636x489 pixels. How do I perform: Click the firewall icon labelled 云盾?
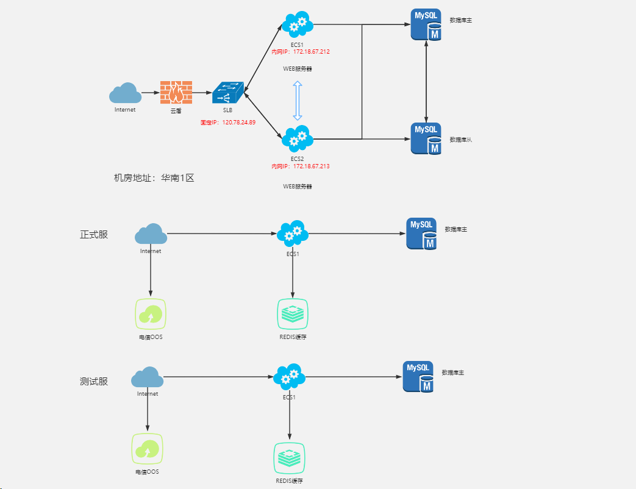coord(176,92)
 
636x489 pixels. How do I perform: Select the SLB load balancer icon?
coord(227,93)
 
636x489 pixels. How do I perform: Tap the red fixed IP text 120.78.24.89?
coord(228,122)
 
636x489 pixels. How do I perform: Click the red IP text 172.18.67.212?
coord(300,52)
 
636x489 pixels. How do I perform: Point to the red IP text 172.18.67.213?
coord(300,166)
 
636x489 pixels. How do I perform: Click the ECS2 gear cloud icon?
coord(298,138)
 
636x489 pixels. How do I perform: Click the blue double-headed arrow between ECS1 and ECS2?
coord(298,100)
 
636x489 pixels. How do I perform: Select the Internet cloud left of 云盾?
coord(125,93)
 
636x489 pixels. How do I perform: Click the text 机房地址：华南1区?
coord(154,178)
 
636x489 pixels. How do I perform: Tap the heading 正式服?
coord(94,234)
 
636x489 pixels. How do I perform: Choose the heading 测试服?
coord(94,382)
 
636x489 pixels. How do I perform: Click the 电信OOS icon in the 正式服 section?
coord(151,314)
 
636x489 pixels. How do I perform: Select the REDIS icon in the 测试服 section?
coord(289,459)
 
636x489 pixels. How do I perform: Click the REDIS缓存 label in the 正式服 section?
coord(293,337)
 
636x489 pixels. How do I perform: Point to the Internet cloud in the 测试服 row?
coord(147,377)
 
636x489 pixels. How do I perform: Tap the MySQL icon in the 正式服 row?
coord(422,234)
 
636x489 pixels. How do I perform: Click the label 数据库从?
coord(461,140)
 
